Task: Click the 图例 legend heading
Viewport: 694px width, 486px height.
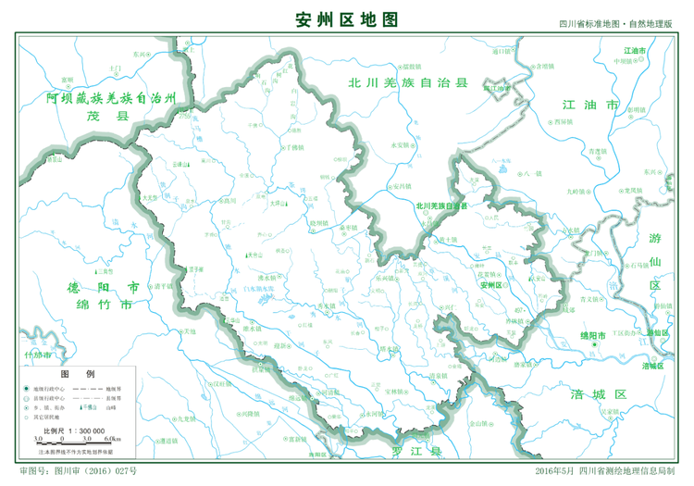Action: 71,373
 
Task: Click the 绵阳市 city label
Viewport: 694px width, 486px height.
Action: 591,335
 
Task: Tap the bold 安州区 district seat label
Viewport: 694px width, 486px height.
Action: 491,286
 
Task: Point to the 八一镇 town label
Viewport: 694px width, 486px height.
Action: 531,173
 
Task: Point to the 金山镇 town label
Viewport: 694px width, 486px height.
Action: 477,423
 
